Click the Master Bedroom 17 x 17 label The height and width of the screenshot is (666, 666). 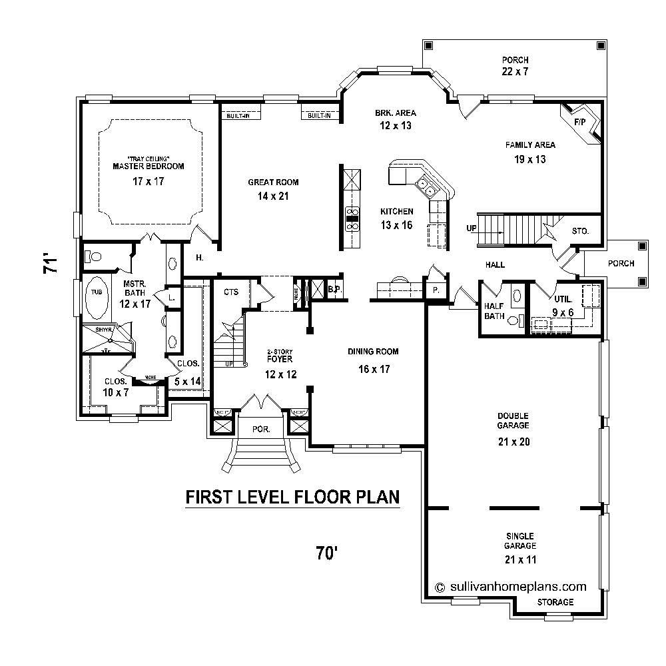point(139,173)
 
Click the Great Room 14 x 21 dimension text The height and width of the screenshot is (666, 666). point(273,189)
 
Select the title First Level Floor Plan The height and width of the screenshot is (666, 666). point(292,497)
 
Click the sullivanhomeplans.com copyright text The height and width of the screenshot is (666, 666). point(510,587)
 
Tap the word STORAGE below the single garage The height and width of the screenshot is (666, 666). point(555,602)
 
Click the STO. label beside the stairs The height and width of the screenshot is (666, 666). point(580,232)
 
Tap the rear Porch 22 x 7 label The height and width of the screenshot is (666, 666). point(515,65)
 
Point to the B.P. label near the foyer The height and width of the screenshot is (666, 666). point(334,290)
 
